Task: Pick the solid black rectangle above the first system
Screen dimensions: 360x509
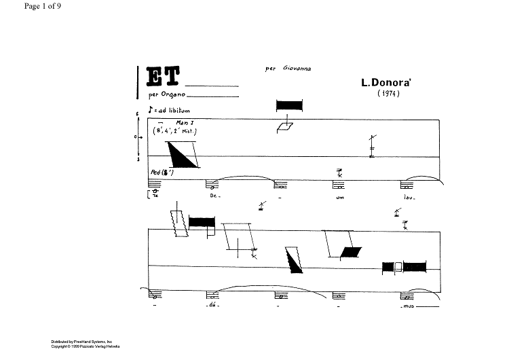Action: (x=288, y=106)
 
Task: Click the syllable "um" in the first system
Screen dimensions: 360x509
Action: (x=341, y=198)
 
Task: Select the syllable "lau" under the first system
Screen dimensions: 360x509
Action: (x=409, y=198)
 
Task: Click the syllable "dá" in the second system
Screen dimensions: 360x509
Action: (x=212, y=307)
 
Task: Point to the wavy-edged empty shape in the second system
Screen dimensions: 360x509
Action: (x=180, y=223)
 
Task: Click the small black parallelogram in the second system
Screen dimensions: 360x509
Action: (x=350, y=253)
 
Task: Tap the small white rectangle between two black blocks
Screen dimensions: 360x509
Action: (x=400, y=267)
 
